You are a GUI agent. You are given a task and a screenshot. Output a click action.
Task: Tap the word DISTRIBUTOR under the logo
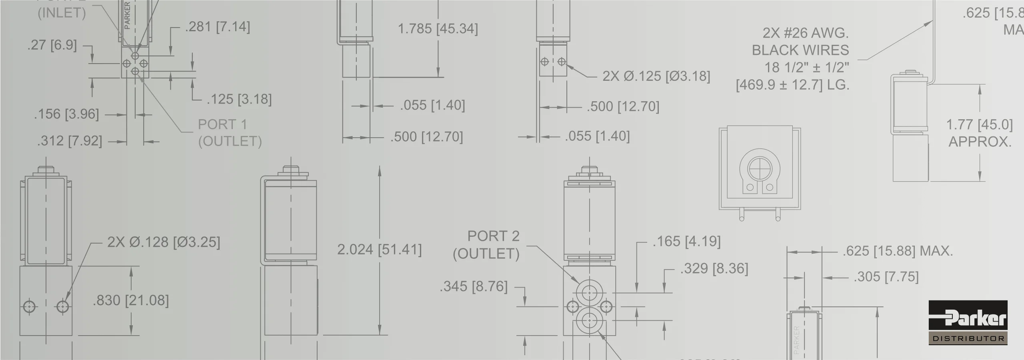click(968, 339)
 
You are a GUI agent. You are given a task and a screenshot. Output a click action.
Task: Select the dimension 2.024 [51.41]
click(379, 250)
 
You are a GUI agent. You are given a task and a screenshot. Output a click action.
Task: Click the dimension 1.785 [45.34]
click(438, 29)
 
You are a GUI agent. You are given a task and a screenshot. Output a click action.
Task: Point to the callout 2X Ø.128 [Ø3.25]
click(164, 242)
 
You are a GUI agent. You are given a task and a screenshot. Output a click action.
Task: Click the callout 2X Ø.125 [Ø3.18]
click(656, 76)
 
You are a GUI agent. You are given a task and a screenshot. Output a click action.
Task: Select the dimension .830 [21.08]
click(131, 300)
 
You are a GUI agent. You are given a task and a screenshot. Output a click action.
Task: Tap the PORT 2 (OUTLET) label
click(487, 245)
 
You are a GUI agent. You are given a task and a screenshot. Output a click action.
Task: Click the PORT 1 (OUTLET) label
click(230, 133)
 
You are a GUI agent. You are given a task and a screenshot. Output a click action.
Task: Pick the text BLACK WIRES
click(800, 50)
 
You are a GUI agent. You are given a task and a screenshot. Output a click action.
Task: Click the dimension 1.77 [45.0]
click(979, 125)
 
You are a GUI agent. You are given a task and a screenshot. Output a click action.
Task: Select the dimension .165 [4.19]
click(686, 242)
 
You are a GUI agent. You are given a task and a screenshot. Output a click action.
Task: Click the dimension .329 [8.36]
click(714, 268)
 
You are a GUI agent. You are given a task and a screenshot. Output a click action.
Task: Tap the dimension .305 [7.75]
click(886, 277)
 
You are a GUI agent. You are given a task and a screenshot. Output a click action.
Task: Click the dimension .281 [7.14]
click(217, 27)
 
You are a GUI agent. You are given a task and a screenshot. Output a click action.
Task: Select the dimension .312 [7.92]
click(70, 141)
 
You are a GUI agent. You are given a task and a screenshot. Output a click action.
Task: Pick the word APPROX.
click(980, 142)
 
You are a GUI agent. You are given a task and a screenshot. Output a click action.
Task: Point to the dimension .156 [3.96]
click(66, 114)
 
